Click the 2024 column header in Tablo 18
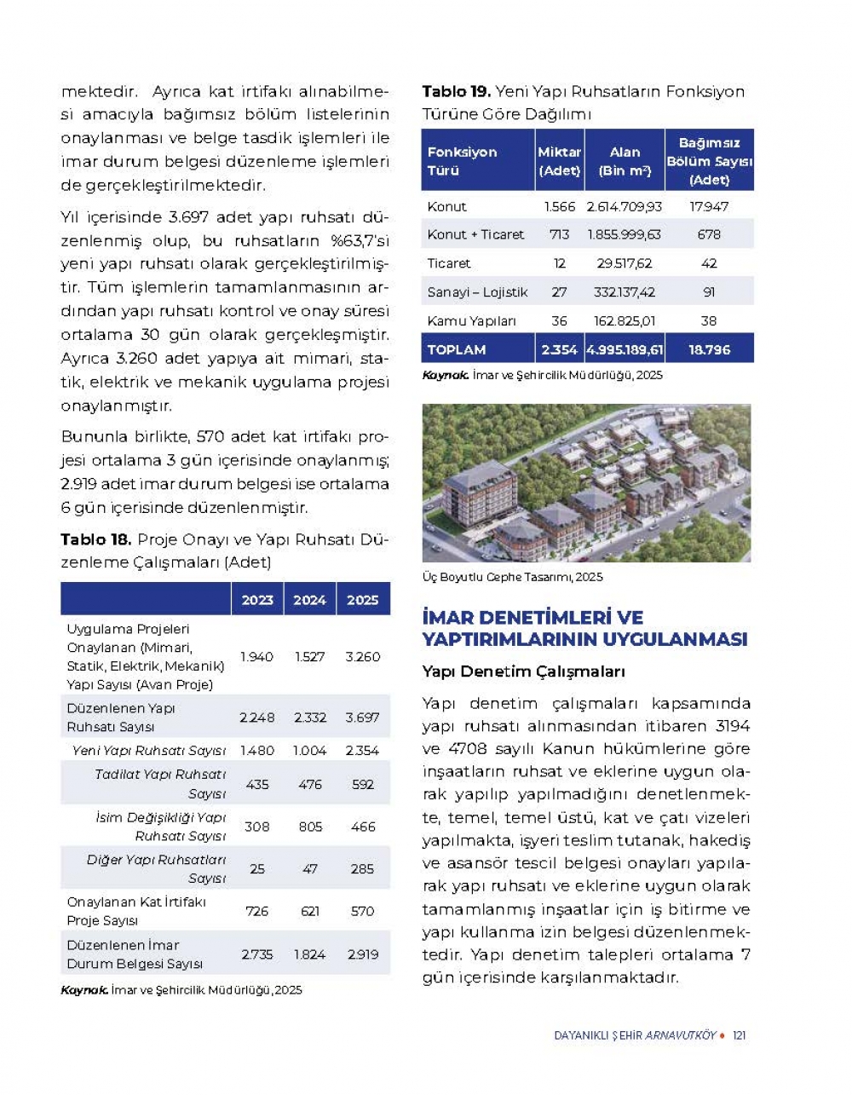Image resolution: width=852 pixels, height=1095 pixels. tap(309, 600)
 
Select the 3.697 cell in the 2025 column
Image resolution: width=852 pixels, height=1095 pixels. tap(362, 718)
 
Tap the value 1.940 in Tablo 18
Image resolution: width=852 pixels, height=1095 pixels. tap(256, 657)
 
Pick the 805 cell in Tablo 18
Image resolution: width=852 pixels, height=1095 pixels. tap(310, 827)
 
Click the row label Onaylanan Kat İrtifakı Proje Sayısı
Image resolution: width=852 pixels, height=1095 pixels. tap(136, 911)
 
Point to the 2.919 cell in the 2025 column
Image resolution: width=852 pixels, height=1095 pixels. tap(362, 954)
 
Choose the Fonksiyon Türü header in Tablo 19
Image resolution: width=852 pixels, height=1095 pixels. tap(462, 161)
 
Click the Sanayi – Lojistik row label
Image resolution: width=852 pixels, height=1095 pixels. tap(477, 292)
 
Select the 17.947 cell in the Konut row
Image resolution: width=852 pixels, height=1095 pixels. tap(709, 206)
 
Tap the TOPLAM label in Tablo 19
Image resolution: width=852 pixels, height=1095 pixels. tap(457, 349)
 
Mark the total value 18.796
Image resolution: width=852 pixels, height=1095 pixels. tap(709, 349)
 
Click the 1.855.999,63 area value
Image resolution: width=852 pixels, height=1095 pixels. tap(624, 234)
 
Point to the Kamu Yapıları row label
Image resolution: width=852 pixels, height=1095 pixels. tap(472, 321)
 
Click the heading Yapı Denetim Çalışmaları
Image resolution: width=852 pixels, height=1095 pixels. tap(523, 671)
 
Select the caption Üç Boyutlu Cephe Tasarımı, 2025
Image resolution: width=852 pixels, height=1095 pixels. tap(512, 577)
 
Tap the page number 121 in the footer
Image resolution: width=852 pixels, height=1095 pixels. tap(739, 1035)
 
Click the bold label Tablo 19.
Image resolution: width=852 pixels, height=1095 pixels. tap(456, 91)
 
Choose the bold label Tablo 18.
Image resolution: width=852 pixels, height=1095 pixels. tap(95, 539)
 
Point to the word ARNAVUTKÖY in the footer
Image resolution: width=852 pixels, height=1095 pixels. tap(680, 1035)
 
